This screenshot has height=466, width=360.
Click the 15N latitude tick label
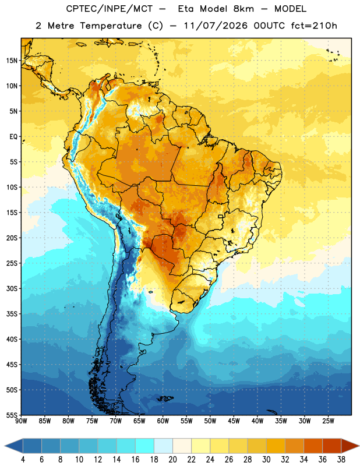pyautogui.click(x=12, y=61)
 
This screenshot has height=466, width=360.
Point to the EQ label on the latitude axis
pyautogui.click(x=13, y=137)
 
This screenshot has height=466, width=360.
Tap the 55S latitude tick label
pyautogui.click(x=12, y=415)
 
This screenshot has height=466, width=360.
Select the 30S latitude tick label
pyautogui.click(x=12, y=288)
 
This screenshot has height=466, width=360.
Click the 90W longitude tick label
pyautogui.click(x=22, y=421)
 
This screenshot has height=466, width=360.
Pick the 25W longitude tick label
pyautogui.click(x=328, y=421)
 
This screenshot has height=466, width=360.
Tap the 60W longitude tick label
pyautogui.click(x=163, y=421)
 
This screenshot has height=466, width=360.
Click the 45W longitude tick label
pyautogui.click(x=234, y=421)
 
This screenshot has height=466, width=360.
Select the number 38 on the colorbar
pyautogui.click(x=341, y=460)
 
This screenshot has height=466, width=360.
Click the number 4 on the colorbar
pyautogui.click(x=23, y=460)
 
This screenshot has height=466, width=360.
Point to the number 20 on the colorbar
pyautogui.click(x=172, y=460)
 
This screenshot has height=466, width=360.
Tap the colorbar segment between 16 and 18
pyautogui.click(x=145, y=446)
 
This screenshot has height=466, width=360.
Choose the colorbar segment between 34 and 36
pyautogui.click(x=313, y=446)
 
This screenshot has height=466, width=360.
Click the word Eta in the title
pyautogui.click(x=186, y=9)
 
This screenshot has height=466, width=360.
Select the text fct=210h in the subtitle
pyautogui.click(x=314, y=26)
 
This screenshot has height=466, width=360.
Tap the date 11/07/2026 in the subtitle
pyautogui.click(x=216, y=26)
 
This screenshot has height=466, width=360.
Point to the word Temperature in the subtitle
pyautogui.click(x=111, y=26)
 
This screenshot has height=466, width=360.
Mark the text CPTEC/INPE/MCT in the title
pyautogui.click(x=110, y=9)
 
